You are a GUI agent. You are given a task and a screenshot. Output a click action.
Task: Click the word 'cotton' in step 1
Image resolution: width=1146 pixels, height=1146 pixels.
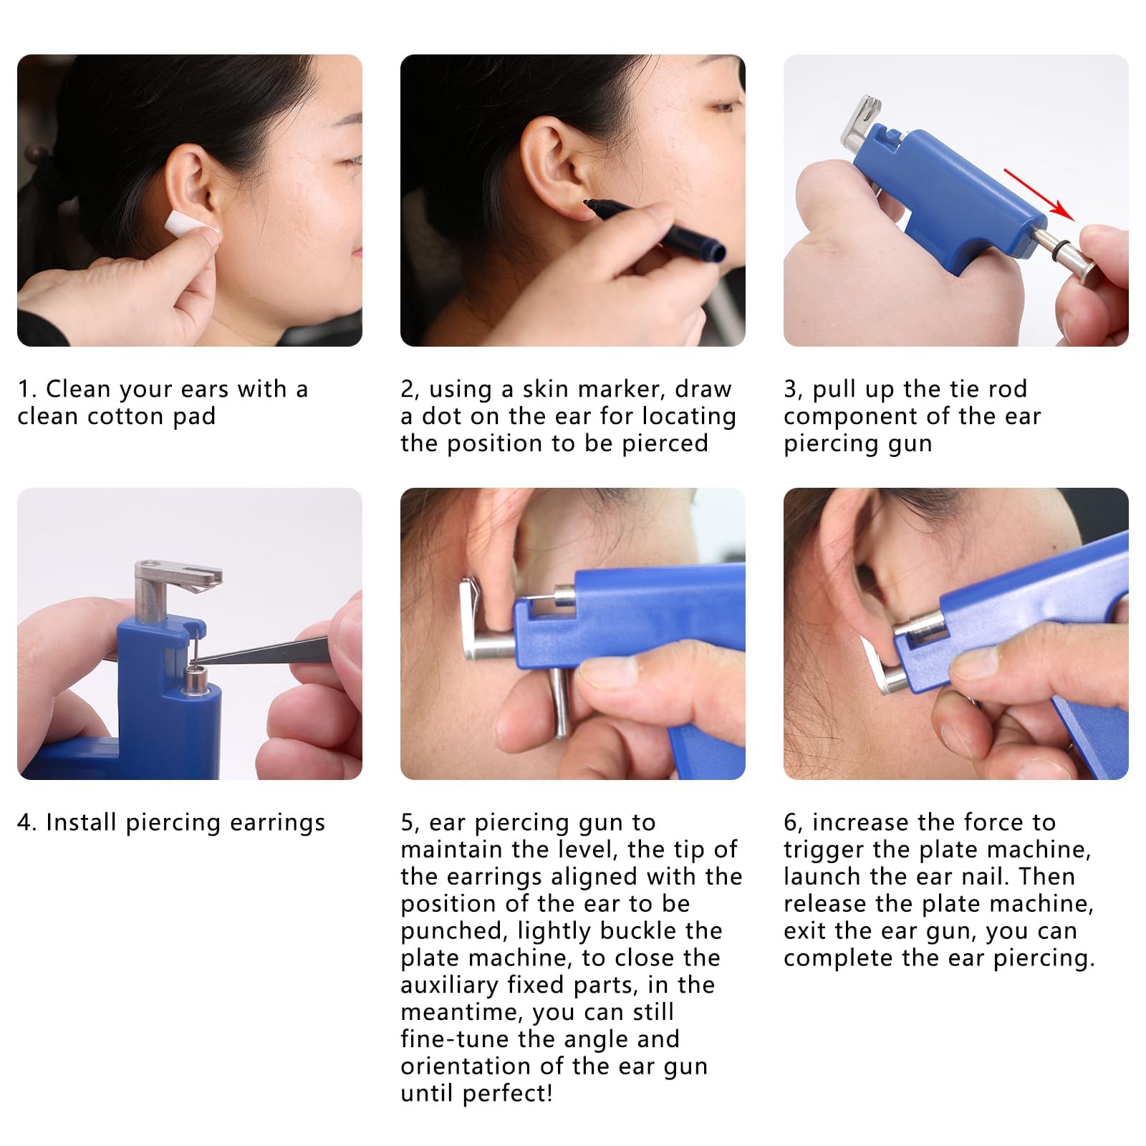click(125, 416)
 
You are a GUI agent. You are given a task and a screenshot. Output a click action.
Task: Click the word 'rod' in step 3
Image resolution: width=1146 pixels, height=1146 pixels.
click(1008, 389)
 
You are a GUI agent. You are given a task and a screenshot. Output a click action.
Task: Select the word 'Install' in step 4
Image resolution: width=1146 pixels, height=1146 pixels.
click(82, 822)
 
